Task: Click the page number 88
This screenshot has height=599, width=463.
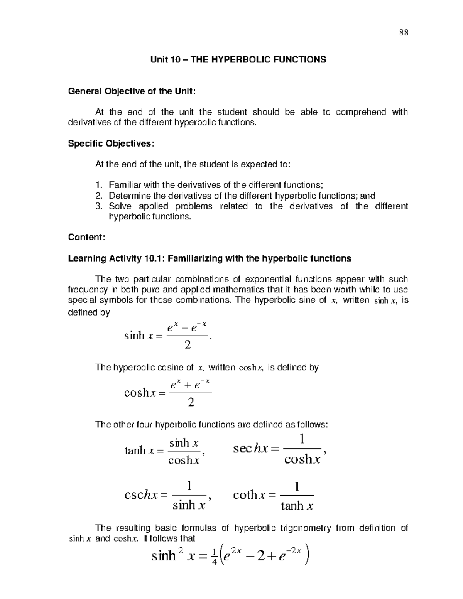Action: (404, 32)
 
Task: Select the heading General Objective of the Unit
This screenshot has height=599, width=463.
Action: (132, 91)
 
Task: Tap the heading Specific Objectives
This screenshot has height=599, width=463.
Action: (111, 143)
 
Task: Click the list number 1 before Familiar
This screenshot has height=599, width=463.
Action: (98, 185)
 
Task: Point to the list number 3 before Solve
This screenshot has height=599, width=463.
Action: (98, 206)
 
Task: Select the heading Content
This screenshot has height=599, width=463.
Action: (86, 237)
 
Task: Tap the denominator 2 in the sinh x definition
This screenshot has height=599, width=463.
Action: (188, 345)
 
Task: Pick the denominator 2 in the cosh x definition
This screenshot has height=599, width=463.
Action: (191, 403)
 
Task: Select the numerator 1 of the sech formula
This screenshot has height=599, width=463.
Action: (302, 439)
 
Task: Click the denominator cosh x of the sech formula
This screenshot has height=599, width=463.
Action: (302, 459)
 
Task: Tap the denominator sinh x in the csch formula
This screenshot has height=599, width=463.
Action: (188, 505)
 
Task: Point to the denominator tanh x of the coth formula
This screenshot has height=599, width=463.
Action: (297, 506)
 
